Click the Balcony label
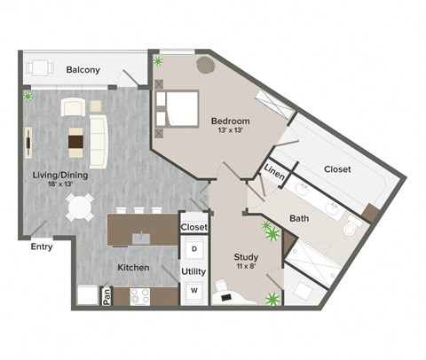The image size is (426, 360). tap(83, 70)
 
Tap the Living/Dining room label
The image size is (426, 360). tap(60, 175)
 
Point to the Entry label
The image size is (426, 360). tap(42, 247)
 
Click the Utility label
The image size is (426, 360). tap(193, 271)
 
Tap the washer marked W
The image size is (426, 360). tap(193, 291)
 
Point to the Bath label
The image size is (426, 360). tap(299, 218)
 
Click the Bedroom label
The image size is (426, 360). tap(230, 121)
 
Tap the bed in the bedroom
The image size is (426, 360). tap(177, 109)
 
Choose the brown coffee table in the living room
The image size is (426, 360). tap(76, 140)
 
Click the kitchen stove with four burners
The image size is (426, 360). tap(140, 296)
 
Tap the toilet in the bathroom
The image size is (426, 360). tap(350, 228)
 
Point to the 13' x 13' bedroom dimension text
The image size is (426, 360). tap(230, 131)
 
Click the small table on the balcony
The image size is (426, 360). tap(39, 67)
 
